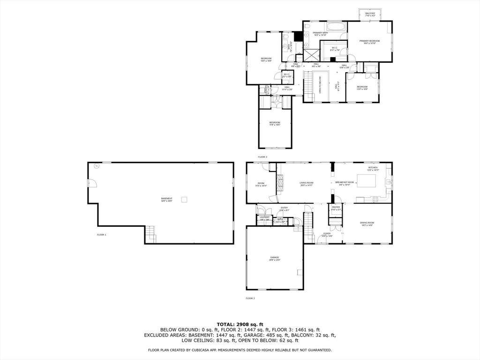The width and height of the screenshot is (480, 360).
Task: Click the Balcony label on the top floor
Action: (370, 14)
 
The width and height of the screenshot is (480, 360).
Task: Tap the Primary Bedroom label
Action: (369, 42)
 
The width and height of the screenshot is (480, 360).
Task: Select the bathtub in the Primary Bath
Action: (335, 26)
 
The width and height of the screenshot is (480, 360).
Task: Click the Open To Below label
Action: (320, 85)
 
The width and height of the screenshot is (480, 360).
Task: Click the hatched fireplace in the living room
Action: (281, 183)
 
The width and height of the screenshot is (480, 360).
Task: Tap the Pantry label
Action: (336, 208)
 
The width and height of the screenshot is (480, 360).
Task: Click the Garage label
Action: (274, 258)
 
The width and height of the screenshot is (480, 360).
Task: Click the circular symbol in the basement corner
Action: (97, 166)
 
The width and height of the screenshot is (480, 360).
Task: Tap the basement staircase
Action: (150, 233)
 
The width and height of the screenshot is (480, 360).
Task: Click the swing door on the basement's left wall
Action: (92, 184)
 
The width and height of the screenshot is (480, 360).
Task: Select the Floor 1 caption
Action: (101, 234)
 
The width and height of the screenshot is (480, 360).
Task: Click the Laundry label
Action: (264, 217)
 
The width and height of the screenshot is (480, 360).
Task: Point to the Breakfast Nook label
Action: (345, 183)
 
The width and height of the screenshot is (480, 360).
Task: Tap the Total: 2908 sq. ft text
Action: (240, 324)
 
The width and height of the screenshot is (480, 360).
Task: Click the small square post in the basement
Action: (185, 199)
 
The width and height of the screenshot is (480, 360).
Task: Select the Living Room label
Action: (307, 183)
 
